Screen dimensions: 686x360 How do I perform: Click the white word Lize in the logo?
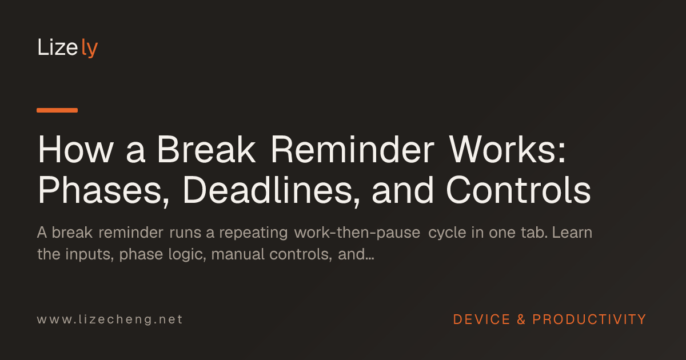pos(58,47)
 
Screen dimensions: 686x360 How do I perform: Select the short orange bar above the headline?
pos(57,110)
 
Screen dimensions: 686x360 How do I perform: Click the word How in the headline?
pos(75,150)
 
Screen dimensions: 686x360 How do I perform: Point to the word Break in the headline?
pos(206,150)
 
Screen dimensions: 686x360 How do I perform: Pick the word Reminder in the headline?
pos(353,150)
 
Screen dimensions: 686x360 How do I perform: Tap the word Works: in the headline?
pos(508,150)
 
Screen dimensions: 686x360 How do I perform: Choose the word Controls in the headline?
pos(519,190)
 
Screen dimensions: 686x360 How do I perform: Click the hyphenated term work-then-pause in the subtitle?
pos(357,233)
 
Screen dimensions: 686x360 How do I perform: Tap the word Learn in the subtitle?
pos(572,233)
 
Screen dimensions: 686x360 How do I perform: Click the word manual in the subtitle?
pos(238,254)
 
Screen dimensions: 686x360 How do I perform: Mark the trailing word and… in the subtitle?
pos(356,254)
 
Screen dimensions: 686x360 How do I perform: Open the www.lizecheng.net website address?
pos(110,319)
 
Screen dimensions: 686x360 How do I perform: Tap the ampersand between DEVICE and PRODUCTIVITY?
pos(521,319)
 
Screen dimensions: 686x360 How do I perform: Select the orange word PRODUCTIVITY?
pos(589,319)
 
